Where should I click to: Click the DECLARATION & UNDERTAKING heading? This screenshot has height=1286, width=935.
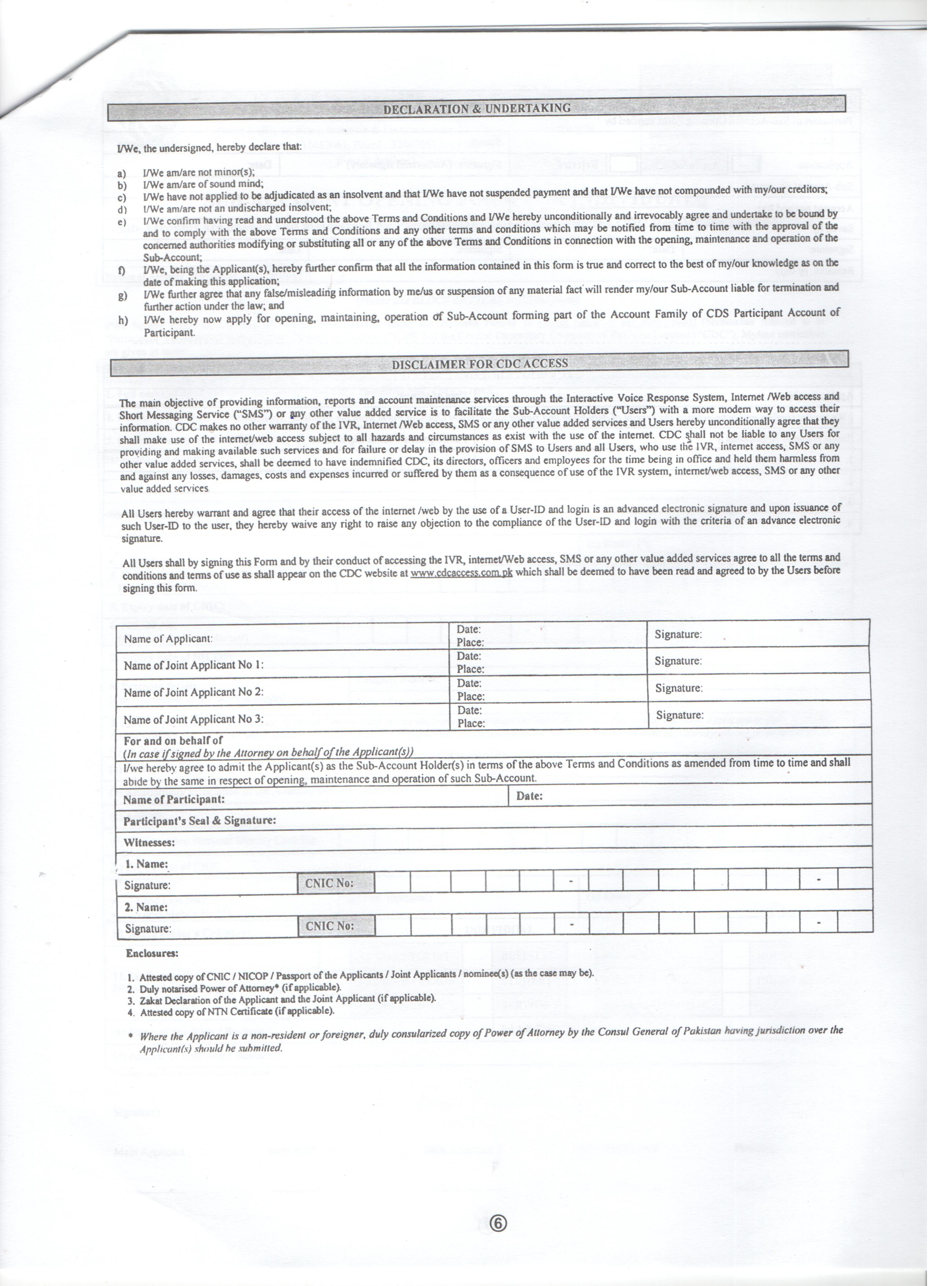coord(477,108)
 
